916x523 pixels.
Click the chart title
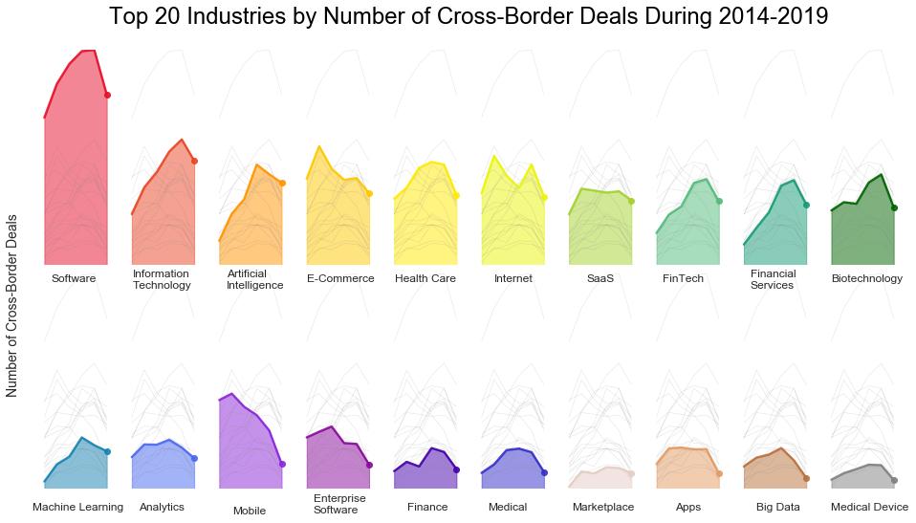[468, 16]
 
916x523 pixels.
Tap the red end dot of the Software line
[107, 95]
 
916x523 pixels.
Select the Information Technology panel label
[162, 279]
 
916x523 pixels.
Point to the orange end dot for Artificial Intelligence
[282, 183]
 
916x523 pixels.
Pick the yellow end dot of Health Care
[456, 195]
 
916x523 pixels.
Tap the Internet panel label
[513, 279]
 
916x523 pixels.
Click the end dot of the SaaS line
[631, 201]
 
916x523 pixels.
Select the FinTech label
[683, 279]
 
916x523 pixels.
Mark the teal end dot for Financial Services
[806, 205]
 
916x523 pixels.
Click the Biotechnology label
[866, 279]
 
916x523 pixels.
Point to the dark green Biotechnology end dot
[894, 207]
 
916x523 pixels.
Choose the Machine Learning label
[77, 507]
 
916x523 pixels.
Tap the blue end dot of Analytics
[194, 459]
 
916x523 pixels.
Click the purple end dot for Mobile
[282, 464]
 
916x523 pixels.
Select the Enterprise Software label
[339, 504]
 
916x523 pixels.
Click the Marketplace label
[603, 507]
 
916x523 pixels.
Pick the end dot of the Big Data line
[806, 478]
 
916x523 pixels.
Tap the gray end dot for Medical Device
[894, 480]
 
